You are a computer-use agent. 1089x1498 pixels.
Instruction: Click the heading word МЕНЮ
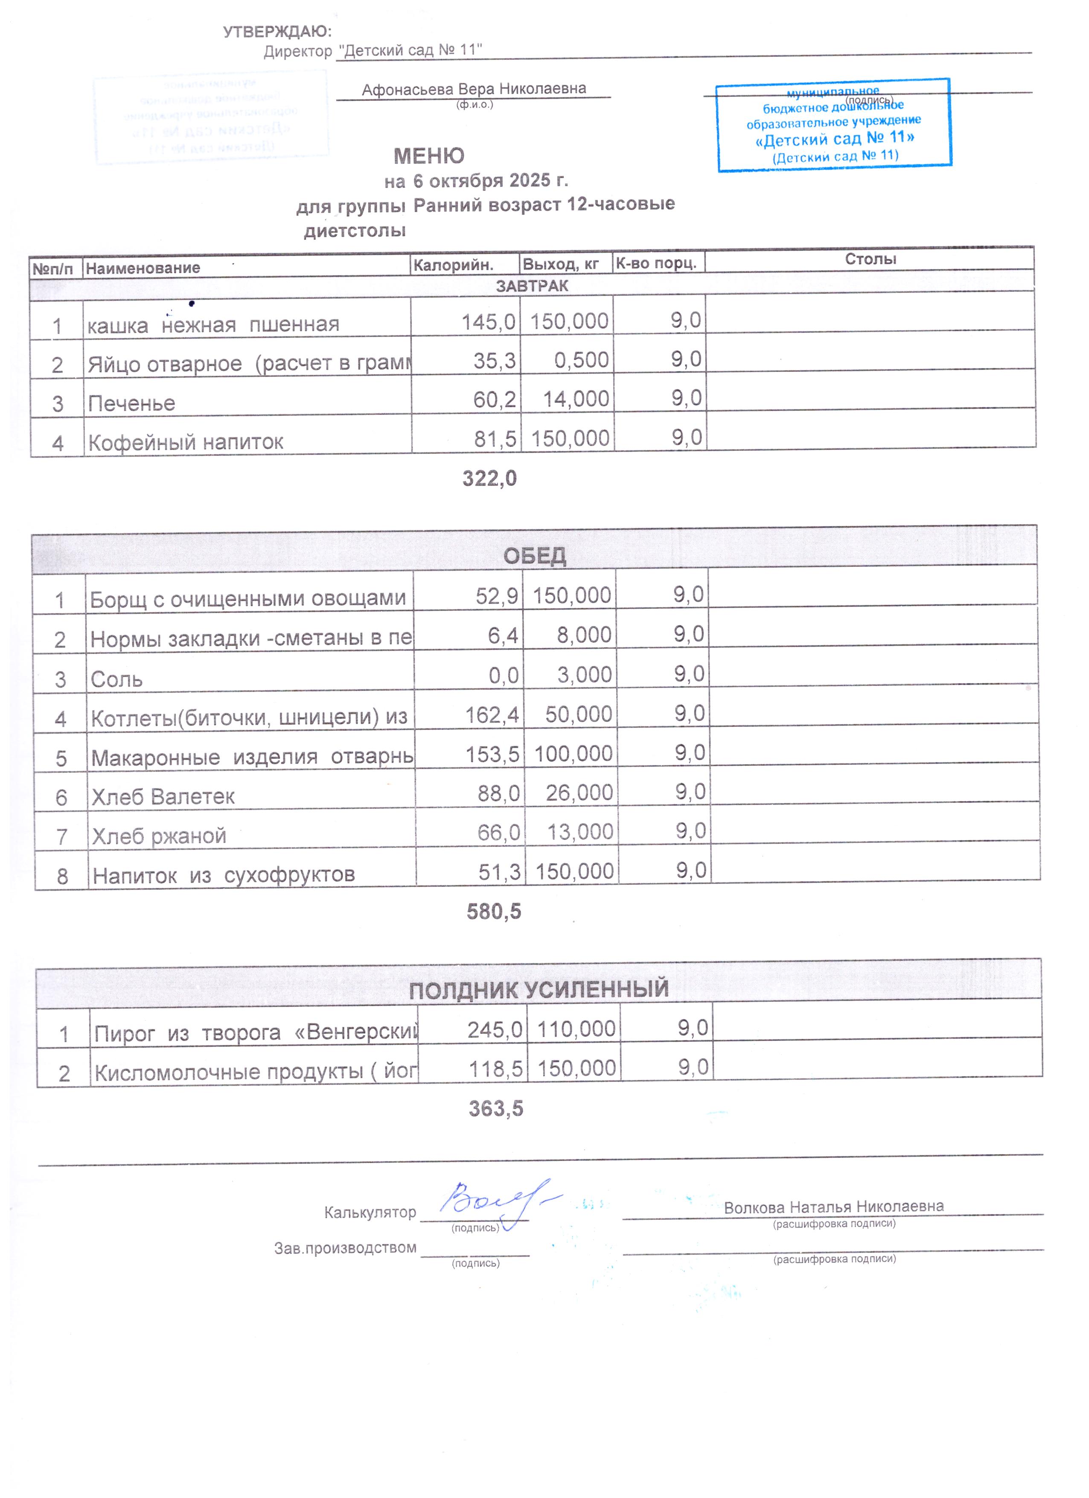tap(428, 156)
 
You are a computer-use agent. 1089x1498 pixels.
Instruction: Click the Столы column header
tap(870, 259)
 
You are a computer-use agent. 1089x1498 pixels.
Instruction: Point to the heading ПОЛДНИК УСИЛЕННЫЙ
tap(538, 989)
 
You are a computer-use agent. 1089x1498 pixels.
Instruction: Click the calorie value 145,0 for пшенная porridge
tap(488, 322)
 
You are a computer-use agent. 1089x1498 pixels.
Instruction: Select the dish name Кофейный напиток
tap(186, 442)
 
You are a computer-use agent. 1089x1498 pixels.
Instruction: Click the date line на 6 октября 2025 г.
tap(475, 180)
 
